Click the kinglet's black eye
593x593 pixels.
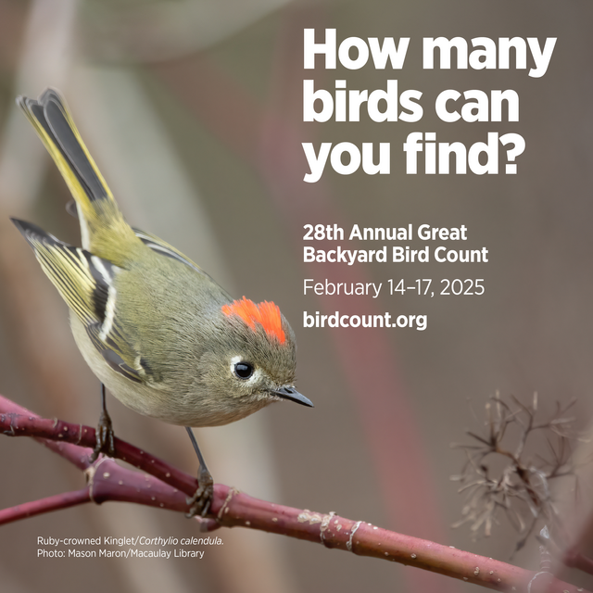point(243,370)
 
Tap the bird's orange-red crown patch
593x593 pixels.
point(257,317)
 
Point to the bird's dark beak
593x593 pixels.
point(294,397)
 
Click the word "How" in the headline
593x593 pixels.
point(352,51)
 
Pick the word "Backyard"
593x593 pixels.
point(342,255)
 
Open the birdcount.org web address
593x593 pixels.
point(364,321)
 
